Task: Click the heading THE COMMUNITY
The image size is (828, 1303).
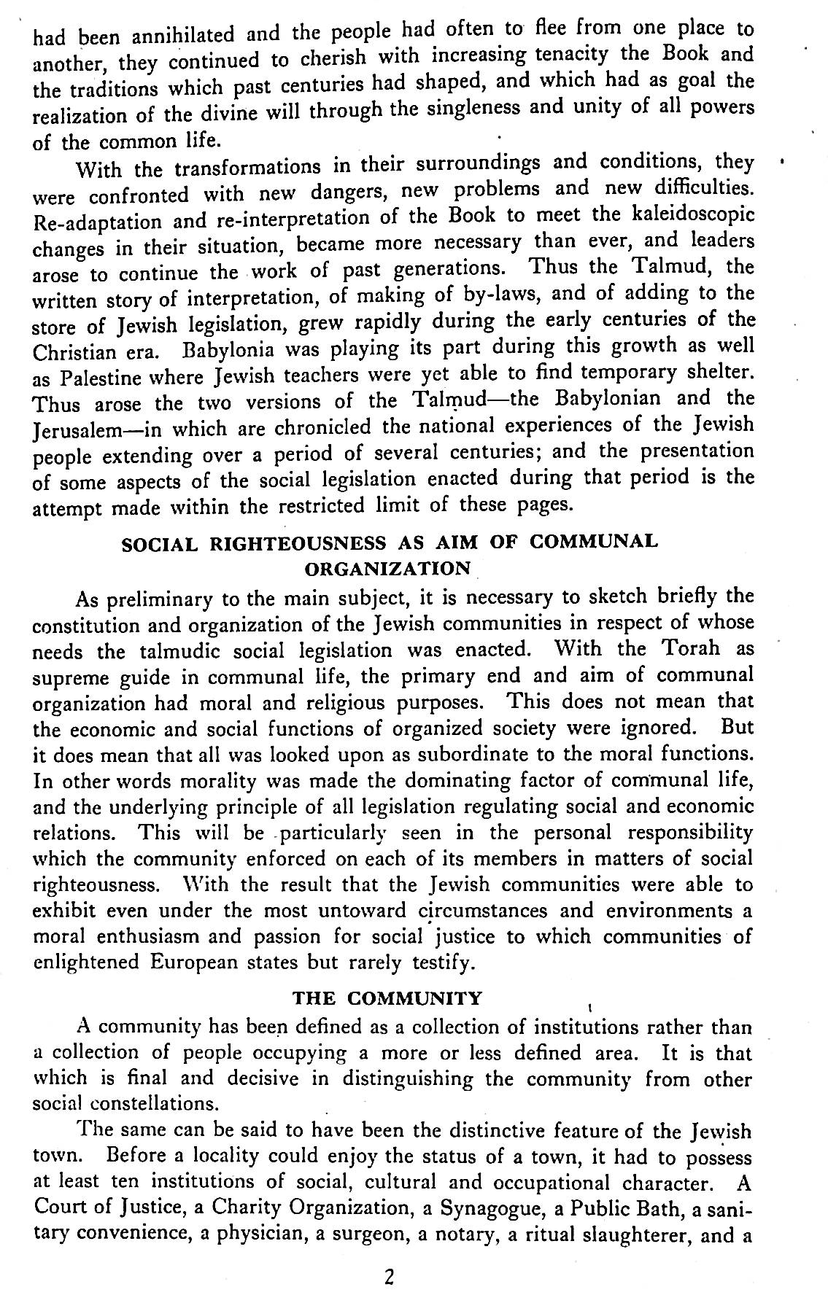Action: coord(387,998)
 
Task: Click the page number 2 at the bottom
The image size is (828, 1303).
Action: coord(389,1277)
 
